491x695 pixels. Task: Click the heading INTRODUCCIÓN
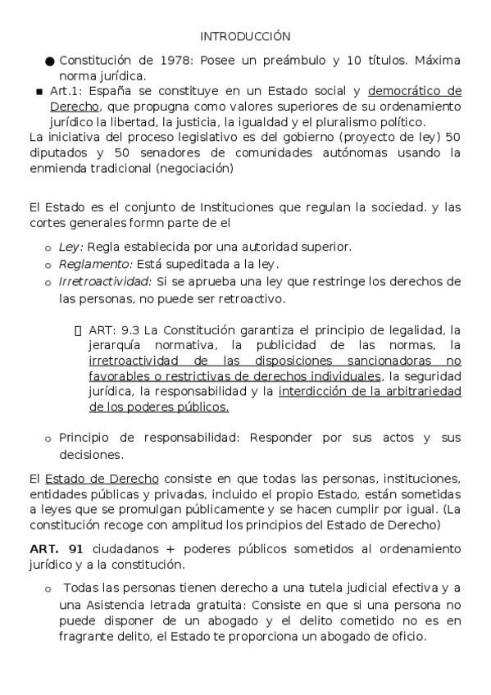pos(245,36)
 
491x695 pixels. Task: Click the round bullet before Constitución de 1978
pos(50,61)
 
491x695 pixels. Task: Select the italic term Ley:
pos(70,246)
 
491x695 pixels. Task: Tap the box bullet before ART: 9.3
pos(78,329)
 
